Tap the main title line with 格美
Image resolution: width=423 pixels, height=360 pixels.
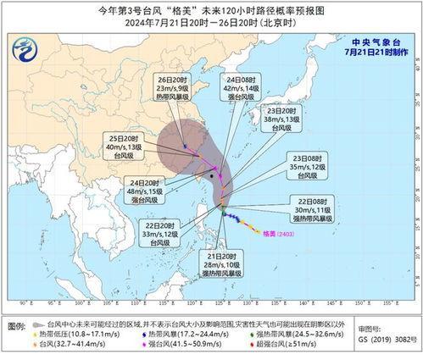click(211, 9)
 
